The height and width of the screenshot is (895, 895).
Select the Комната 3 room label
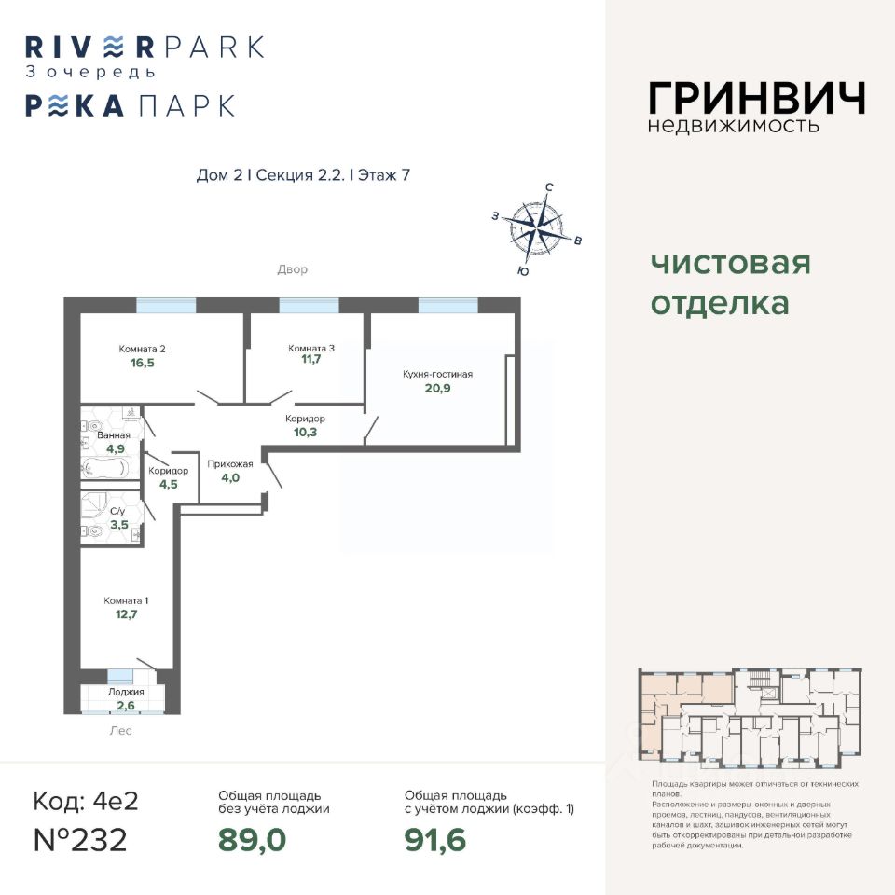click(311, 349)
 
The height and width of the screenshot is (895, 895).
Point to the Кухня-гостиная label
click(437, 374)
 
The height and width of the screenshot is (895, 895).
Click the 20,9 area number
click(438, 389)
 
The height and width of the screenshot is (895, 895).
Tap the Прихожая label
click(230, 463)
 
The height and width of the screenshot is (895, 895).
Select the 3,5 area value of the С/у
click(119, 525)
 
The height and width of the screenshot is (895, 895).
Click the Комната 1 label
click(126, 600)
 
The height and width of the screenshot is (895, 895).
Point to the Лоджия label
click(126, 693)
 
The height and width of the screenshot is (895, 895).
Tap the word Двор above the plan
click(292, 269)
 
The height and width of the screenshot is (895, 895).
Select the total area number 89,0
click(252, 839)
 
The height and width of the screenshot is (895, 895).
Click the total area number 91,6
click(435, 839)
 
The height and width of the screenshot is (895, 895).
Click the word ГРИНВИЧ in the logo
click(756, 98)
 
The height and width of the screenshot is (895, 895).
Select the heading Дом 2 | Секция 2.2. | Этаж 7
click(304, 175)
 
